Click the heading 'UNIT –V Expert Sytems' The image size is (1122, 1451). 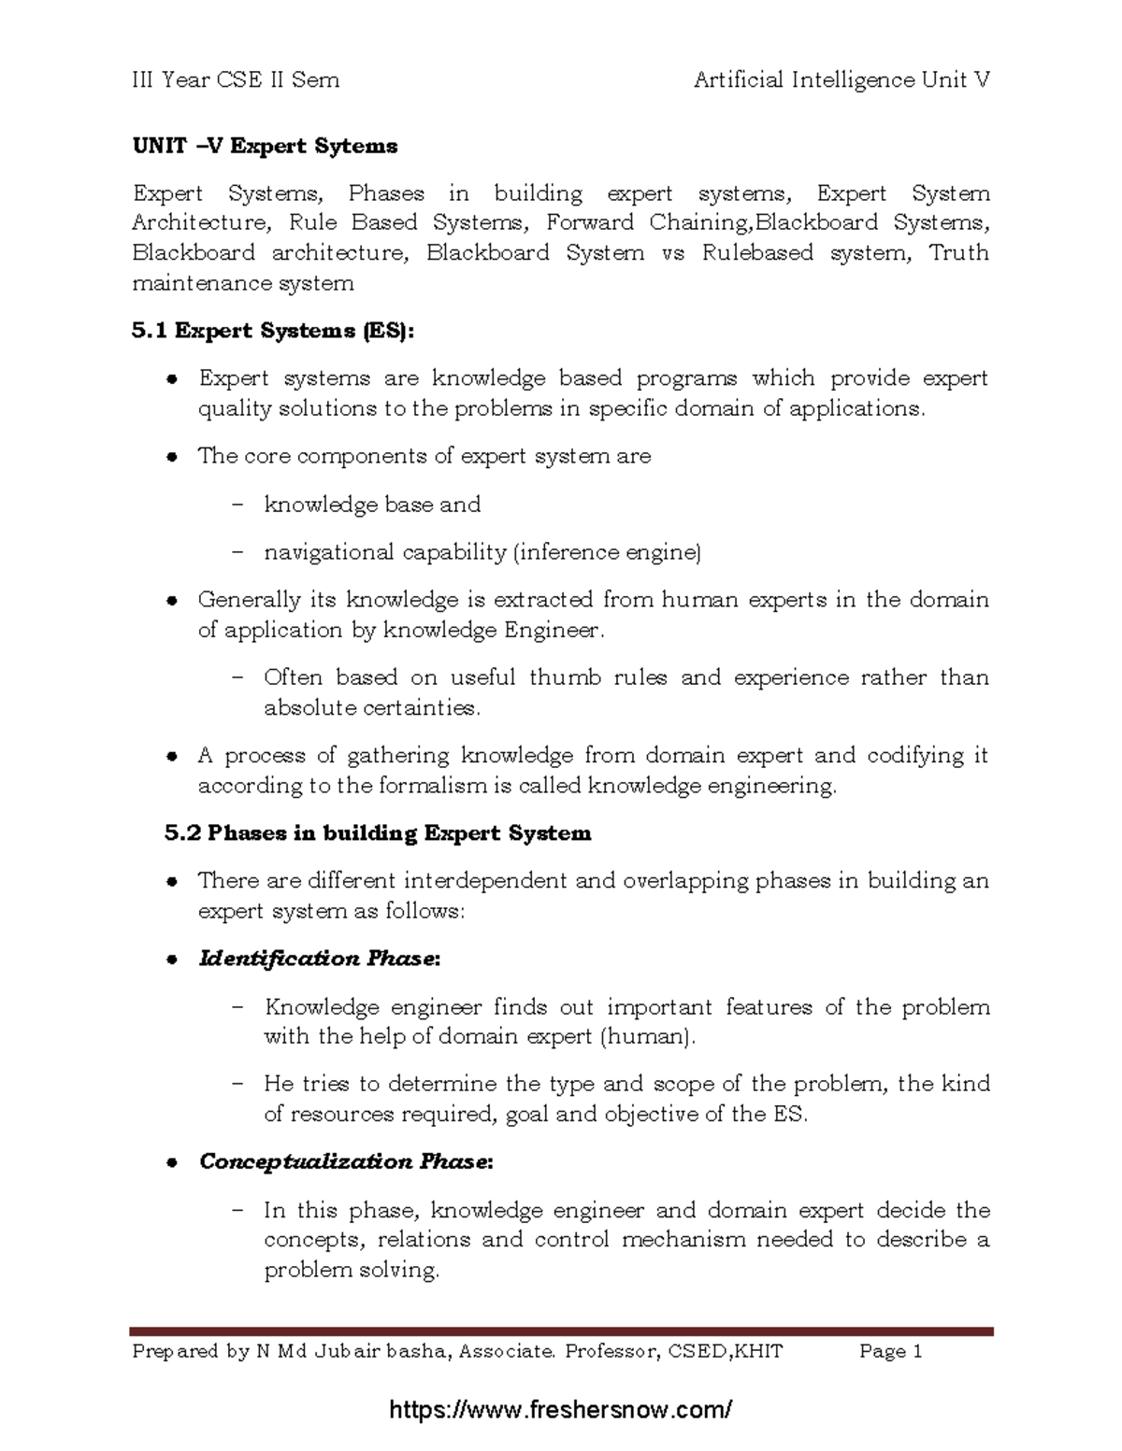pos(265,146)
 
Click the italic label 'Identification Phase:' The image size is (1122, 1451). pos(319,959)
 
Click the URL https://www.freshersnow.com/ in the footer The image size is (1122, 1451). pos(561,1409)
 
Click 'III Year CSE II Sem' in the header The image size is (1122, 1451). pos(236,80)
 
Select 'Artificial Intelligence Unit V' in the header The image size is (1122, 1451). pos(841,80)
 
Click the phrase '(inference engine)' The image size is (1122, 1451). pos(607,552)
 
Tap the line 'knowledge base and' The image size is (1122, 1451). pos(372,505)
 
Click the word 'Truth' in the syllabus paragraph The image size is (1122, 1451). pos(958,252)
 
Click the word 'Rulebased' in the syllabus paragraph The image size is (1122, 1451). pos(757,252)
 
